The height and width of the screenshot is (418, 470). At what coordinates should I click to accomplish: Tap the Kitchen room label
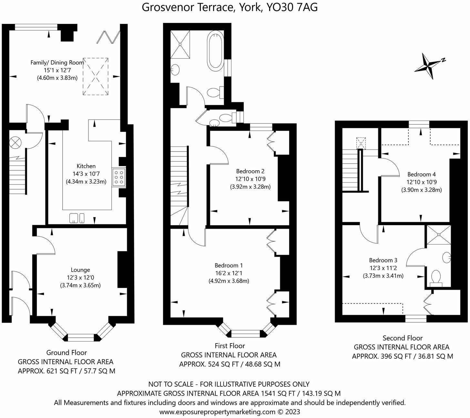pos(86,166)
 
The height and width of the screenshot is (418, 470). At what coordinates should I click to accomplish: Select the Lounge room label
pos(80,270)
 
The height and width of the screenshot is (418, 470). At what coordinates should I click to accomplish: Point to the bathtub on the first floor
pos(215,52)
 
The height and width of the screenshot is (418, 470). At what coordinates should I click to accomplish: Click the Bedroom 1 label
pos(229,265)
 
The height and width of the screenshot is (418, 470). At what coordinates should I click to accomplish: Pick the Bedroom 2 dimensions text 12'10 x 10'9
pos(250,179)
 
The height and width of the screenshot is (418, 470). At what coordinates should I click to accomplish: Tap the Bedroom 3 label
pos(383,260)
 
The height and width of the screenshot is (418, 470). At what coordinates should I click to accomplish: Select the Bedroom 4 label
pos(422,174)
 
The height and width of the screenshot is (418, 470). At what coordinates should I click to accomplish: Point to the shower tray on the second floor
pos(439,235)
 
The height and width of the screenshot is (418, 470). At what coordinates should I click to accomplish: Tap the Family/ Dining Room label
pos(57,62)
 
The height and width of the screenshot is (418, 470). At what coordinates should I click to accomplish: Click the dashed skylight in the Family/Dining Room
pos(96,76)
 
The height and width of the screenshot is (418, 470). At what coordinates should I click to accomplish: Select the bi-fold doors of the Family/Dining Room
pos(108,37)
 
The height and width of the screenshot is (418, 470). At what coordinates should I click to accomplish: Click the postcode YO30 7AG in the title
pos(292,8)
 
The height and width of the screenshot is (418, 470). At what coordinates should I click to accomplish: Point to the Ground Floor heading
pos(66,353)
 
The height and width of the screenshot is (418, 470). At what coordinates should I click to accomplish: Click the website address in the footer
pos(217,412)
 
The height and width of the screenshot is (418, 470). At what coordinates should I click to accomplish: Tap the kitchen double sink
pos(77,218)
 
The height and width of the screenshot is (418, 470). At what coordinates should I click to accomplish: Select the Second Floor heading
pos(403,338)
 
